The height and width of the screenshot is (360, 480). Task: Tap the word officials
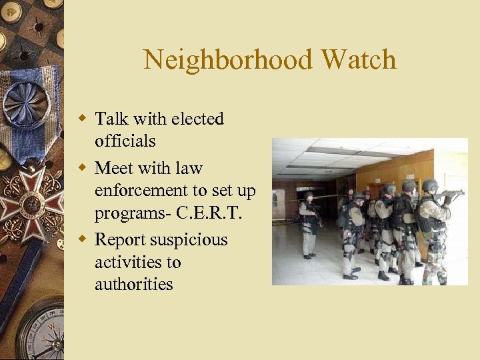click(x=125, y=141)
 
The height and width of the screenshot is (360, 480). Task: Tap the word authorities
click(x=134, y=285)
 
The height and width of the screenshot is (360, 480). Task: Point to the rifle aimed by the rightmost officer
click(x=451, y=193)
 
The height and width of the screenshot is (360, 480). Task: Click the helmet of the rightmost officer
click(x=430, y=185)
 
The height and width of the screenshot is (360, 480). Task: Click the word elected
click(x=197, y=119)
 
